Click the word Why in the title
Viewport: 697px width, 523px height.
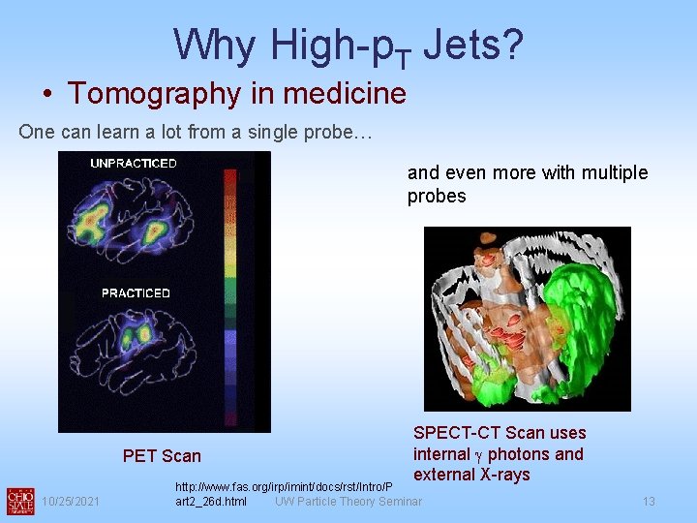[214, 44]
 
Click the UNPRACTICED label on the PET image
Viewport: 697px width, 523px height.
[134, 163]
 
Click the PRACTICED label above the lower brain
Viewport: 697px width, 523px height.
[136, 292]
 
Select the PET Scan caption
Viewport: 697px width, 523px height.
[162, 456]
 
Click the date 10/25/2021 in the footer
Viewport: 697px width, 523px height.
[70, 501]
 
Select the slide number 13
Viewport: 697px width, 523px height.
[649, 501]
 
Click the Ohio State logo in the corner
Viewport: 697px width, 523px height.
[19, 500]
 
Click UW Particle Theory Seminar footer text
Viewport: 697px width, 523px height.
[348, 501]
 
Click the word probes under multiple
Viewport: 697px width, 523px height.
[437, 196]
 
